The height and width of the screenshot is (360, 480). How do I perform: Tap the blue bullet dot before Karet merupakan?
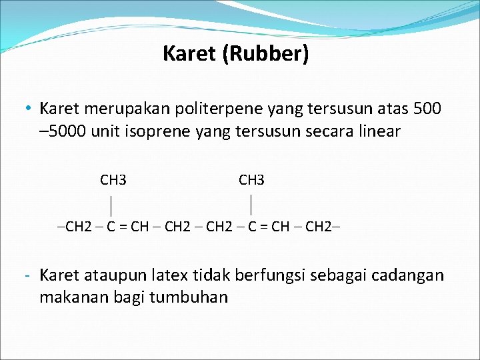point(29,109)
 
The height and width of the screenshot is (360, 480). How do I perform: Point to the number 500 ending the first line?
point(427,108)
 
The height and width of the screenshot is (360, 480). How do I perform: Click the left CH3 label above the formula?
point(113,180)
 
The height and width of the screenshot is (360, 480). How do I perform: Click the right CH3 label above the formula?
point(251,180)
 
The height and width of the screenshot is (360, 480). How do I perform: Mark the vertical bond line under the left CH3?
point(111,203)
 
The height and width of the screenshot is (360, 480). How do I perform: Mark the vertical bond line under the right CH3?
point(251,203)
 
